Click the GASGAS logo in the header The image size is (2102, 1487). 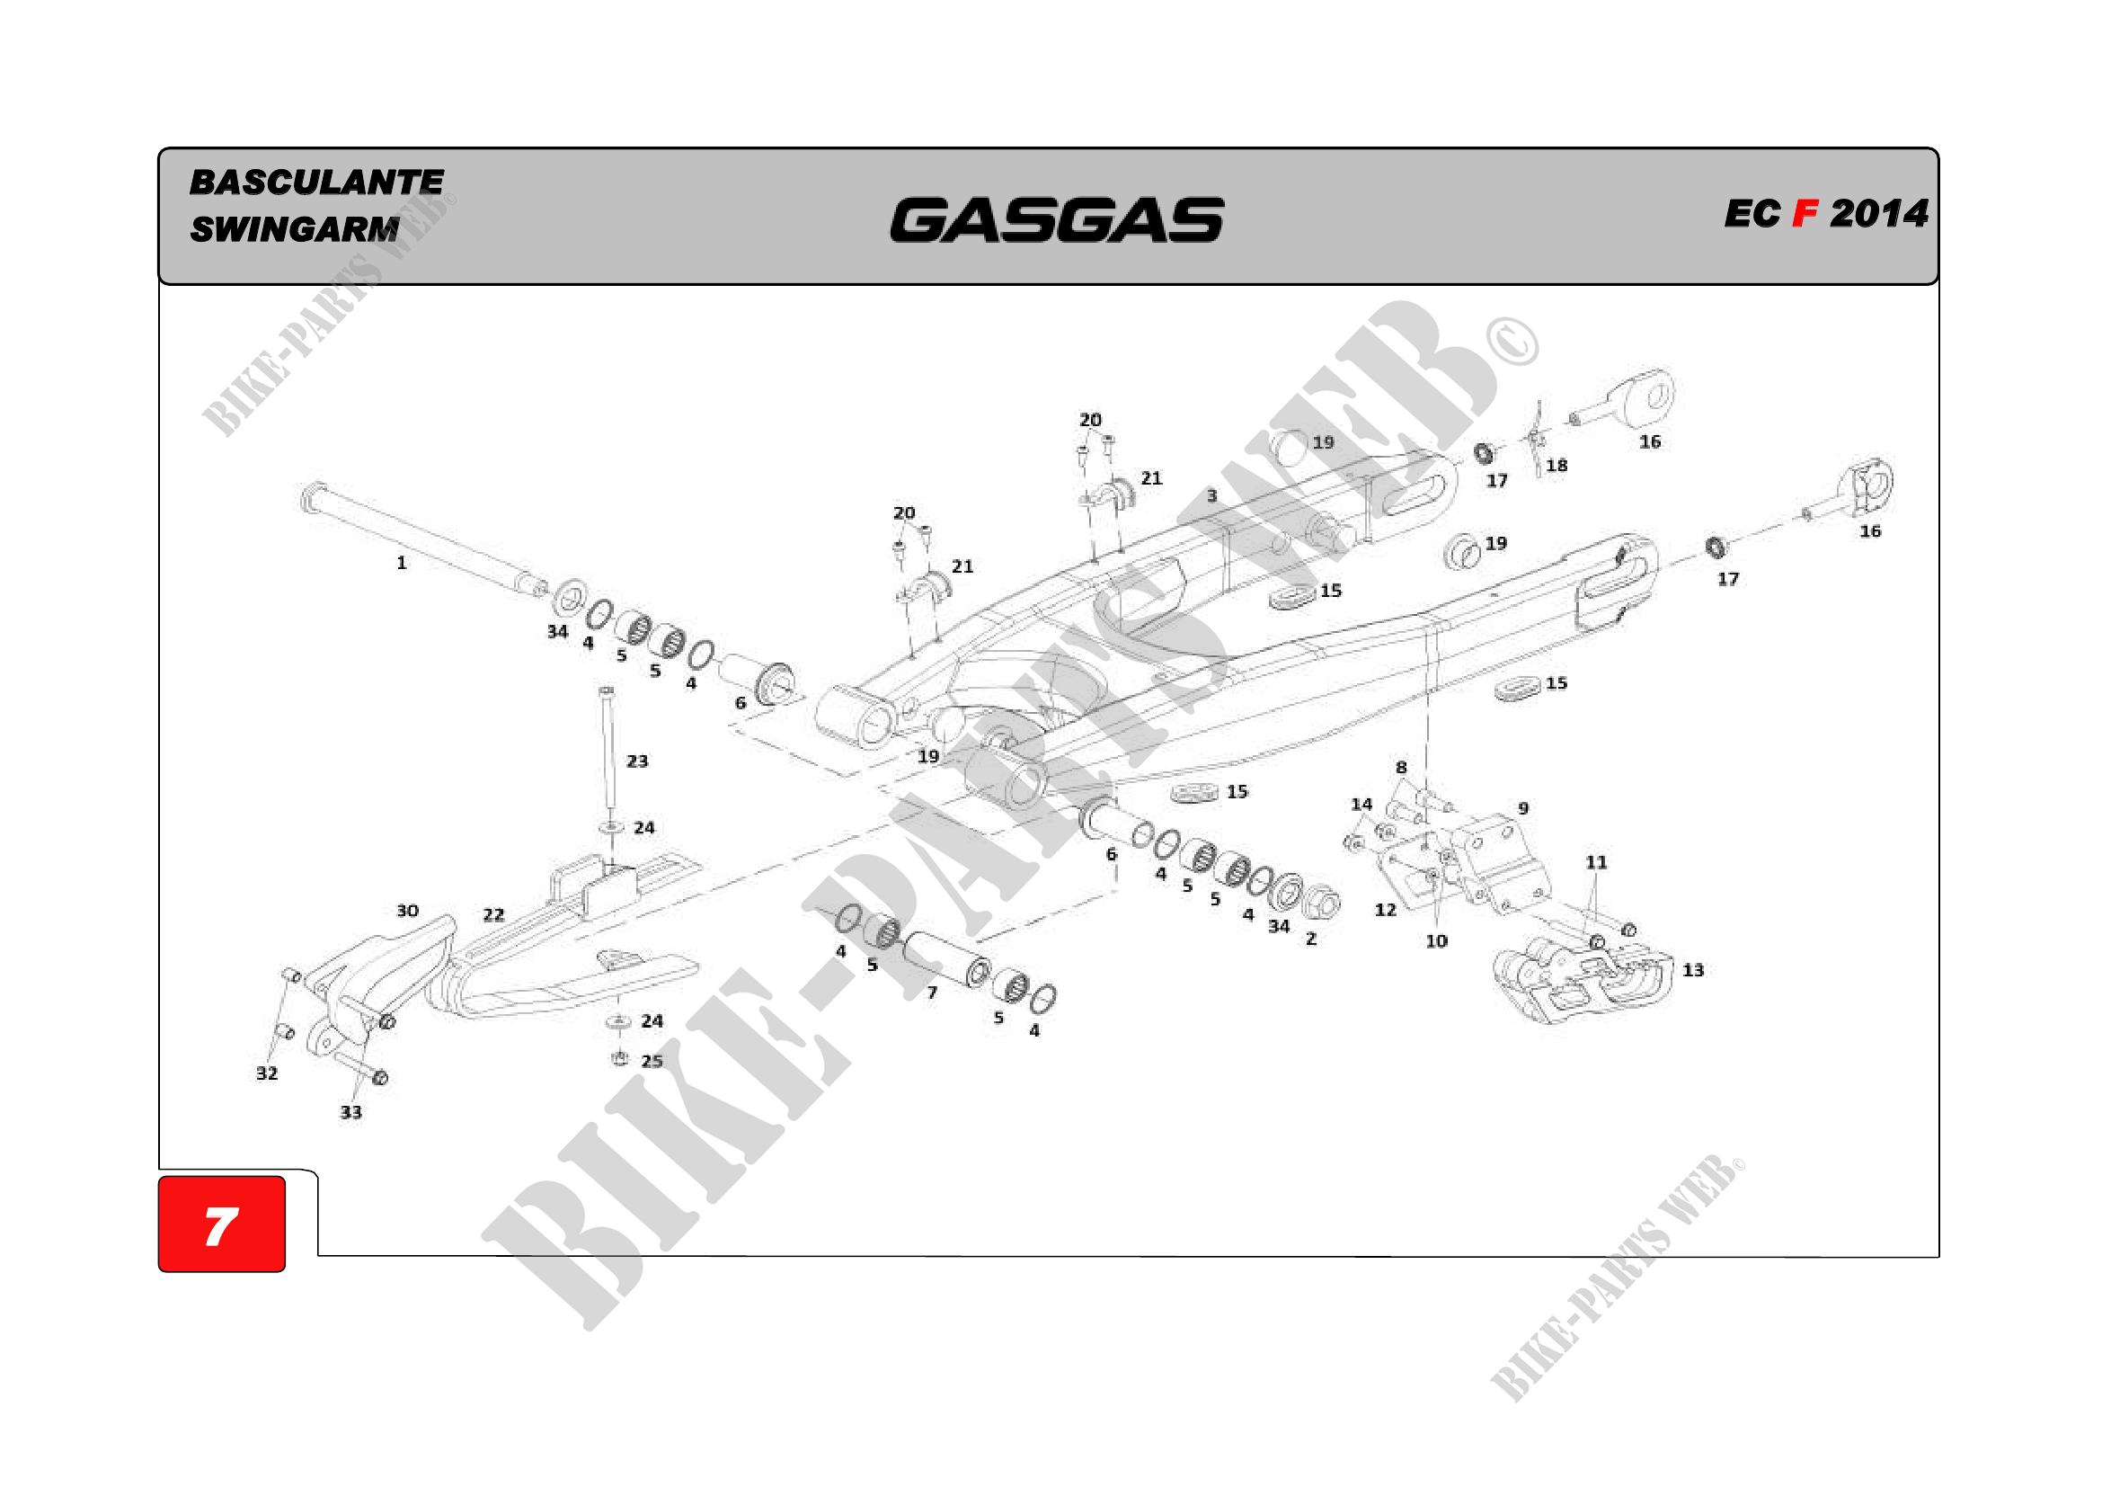pos(1057,220)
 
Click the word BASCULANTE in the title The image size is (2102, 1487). pos(316,183)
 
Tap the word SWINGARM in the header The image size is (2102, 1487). pos(294,229)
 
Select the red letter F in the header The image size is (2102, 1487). pos(1805,214)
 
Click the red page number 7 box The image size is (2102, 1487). pos(222,1224)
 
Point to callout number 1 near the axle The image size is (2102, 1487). pos(401,563)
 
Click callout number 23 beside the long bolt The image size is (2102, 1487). pos(637,761)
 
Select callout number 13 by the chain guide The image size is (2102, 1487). pos(1693,970)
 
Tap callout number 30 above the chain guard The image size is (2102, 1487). pos(407,910)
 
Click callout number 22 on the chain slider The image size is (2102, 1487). pos(493,914)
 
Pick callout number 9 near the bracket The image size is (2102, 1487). pos(1523,808)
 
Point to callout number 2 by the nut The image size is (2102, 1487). pos(1311,939)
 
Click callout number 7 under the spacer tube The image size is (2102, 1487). pos(932,993)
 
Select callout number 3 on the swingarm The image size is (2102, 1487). pos(1212,495)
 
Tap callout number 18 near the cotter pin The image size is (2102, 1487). pos(1557,465)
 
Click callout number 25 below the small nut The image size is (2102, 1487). pos(652,1061)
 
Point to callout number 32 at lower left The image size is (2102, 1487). pos(266,1073)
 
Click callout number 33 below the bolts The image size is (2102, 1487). pos(350,1112)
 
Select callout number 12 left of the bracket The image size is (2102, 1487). pos(1385,909)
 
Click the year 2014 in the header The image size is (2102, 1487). pos(1878,214)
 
